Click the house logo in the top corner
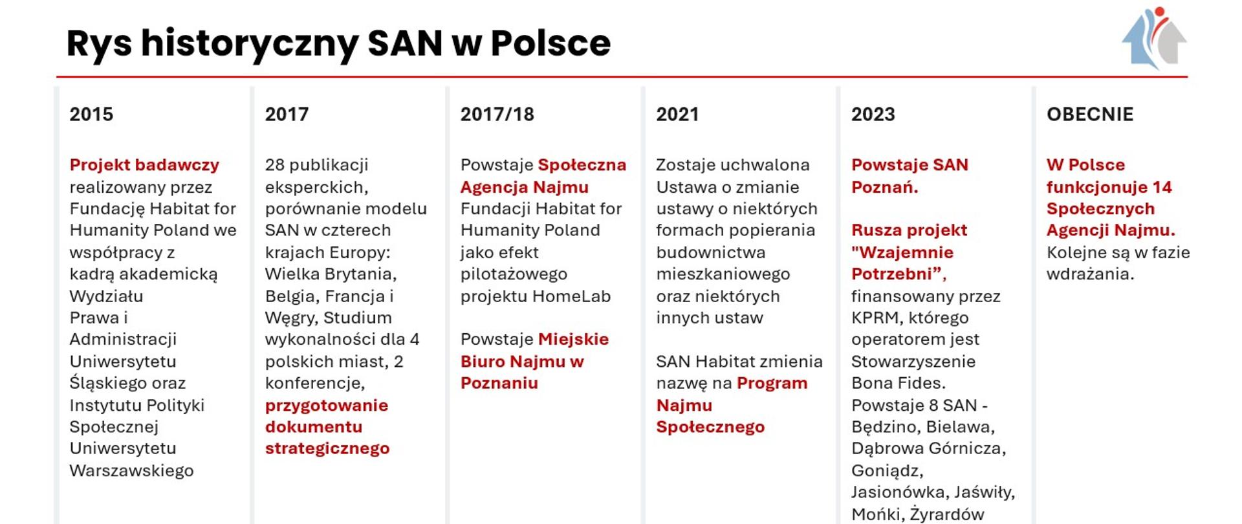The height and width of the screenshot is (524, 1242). point(1155,39)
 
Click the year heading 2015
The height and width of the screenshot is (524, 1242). point(91,115)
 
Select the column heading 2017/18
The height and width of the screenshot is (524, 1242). point(497,115)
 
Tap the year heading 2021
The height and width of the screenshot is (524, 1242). point(677,115)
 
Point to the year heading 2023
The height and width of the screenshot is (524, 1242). point(873,115)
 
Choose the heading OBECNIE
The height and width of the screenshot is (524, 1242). point(1090,115)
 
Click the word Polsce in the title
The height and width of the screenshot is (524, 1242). point(550,43)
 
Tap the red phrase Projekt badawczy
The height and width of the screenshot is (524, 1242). point(144,165)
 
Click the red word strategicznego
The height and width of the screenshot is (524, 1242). point(327,448)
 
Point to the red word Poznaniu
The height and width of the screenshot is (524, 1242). point(499,383)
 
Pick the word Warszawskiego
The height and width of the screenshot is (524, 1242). point(131,470)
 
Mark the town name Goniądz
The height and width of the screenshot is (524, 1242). point(887,470)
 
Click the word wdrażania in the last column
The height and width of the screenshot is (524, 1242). point(1090,274)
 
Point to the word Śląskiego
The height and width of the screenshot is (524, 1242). point(105,383)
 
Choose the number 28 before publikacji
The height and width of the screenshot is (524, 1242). point(275,165)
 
